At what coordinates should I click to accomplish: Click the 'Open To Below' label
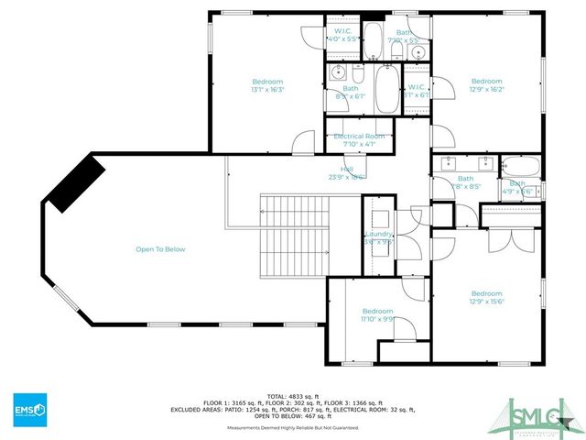[160, 249]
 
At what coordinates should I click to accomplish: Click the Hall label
[347, 170]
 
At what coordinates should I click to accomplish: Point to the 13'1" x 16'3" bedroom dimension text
[268, 90]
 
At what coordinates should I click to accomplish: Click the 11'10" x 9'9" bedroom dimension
[377, 319]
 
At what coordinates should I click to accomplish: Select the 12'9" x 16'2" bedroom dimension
[486, 90]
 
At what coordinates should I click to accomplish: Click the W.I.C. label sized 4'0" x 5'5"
[344, 39]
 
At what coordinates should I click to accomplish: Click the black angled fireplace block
[76, 183]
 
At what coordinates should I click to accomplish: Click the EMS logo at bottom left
[29, 407]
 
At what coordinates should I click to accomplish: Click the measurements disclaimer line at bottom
[293, 426]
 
